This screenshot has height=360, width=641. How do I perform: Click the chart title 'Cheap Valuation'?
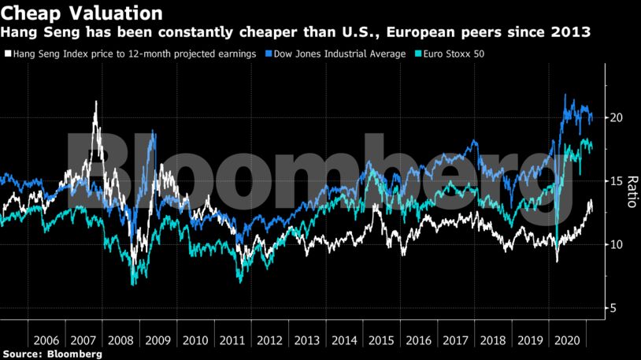82,13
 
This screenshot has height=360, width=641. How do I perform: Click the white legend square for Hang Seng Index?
6,54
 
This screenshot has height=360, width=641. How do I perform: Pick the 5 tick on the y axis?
615,308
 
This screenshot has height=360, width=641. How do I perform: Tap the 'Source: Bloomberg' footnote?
52,354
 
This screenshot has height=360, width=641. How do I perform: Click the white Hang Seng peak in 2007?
96,102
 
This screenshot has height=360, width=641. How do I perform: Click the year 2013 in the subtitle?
574,33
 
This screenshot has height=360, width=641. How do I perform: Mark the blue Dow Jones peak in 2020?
565,95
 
